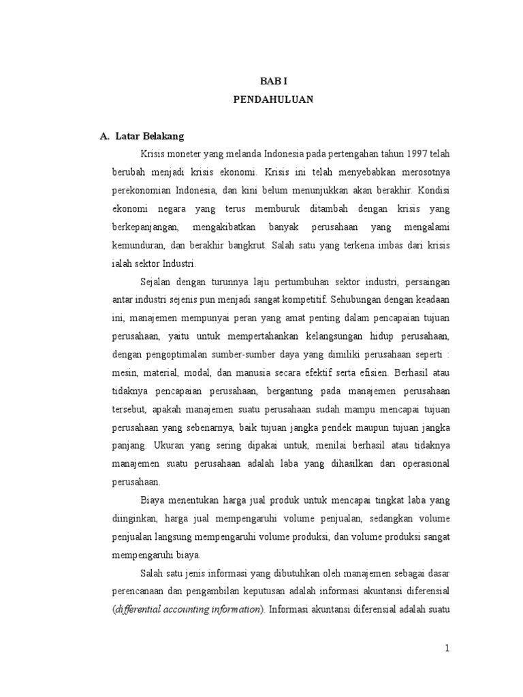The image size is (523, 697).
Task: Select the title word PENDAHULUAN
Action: pos(272,99)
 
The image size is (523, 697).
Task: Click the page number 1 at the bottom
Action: pos(447,648)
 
